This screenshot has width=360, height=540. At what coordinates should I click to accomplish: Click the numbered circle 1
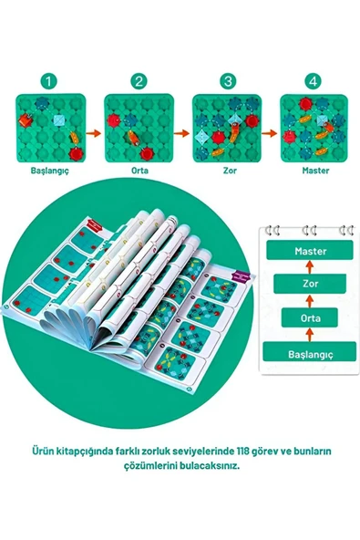click(x=48, y=82)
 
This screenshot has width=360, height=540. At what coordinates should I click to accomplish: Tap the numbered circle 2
click(x=139, y=82)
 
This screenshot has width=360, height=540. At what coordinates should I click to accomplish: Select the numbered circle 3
click(x=228, y=82)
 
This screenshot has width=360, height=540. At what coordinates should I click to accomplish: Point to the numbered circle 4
click(x=313, y=82)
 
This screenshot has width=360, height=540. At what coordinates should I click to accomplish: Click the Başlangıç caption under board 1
click(x=50, y=171)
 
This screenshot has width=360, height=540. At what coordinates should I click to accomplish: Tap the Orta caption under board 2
click(x=139, y=171)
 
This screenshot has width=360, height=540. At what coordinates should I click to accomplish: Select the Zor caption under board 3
click(x=230, y=171)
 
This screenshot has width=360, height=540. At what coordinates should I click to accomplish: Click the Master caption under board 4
click(x=315, y=171)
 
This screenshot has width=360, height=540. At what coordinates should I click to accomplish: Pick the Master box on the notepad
click(x=310, y=250)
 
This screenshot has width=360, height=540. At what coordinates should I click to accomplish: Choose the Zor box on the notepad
click(x=310, y=284)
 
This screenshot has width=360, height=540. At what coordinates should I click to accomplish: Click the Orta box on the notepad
click(x=310, y=317)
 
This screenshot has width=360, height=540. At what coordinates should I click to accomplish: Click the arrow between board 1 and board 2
click(x=94, y=133)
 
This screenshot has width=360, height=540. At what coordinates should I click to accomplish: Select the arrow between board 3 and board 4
click(x=270, y=133)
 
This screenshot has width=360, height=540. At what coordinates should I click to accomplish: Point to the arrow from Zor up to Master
click(x=310, y=267)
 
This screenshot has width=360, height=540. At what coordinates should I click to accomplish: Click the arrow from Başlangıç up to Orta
click(x=310, y=335)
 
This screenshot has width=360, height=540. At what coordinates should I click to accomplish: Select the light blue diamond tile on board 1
click(x=59, y=119)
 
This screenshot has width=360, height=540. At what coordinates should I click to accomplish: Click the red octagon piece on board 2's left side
click(x=113, y=120)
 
